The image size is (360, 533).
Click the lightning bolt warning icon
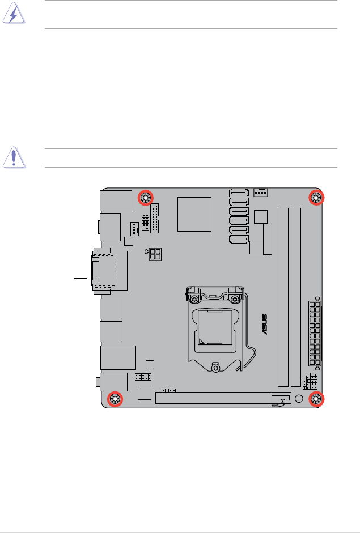pos(14,13)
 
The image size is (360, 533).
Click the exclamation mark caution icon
pos(14,157)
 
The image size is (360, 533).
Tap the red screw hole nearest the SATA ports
pos(146,198)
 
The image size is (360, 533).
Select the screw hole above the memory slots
pos(316,198)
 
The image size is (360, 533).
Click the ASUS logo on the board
pos(264,325)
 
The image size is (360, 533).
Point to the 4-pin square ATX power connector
pos(155,253)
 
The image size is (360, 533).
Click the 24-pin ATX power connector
pos(315,334)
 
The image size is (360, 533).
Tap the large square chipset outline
pos(194,214)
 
